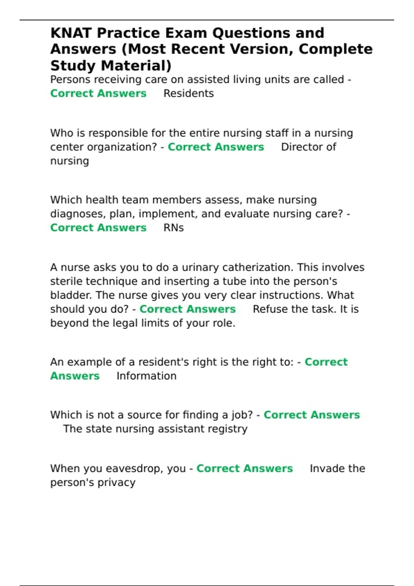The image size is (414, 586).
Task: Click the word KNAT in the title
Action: [x=71, y=33]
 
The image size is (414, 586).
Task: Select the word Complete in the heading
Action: [x=335, y=49]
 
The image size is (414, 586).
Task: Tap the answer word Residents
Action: [x=188, y=93]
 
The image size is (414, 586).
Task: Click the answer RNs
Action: [x=174, y=228]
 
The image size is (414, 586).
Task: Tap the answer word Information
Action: [x=146, y=376]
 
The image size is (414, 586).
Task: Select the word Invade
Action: [x=326, y=468]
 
